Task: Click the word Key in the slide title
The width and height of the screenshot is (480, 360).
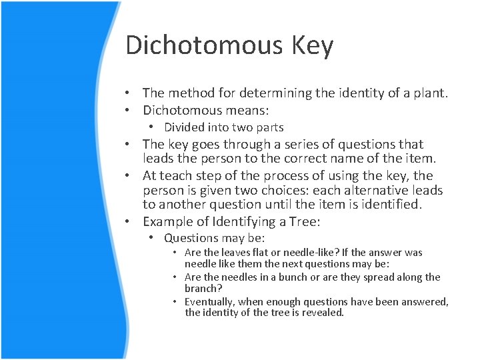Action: click(x=311, y=45)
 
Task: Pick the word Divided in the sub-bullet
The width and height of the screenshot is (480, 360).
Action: click(x=185, y=127)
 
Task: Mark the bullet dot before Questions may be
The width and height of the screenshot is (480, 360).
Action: click(x=153, y=238)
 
